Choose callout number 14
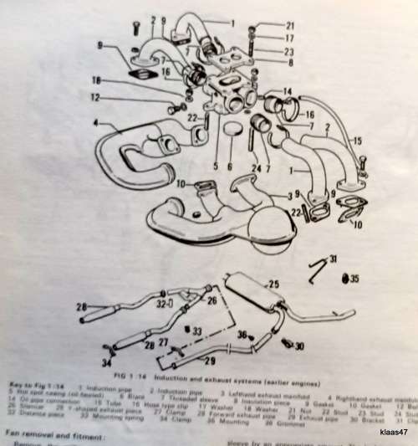coord(287,90)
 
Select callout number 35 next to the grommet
coord(354,276)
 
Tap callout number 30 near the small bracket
coord(298,344)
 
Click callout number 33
coord(198,331)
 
